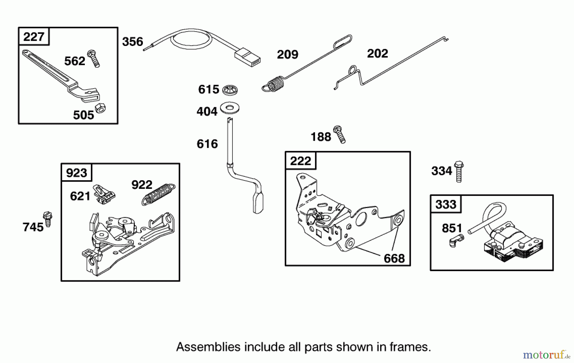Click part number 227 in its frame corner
tap(33, 36)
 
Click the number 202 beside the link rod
tap(377, 54)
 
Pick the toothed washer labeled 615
tap(230, 90)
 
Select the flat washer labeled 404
tap(230, 108)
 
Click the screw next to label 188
tap(339, 134)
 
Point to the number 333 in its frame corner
tap(445, 204)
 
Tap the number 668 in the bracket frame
tap(394, 258)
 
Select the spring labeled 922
tap(158, 192)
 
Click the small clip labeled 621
tap(103, 194)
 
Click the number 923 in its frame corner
tap(76, 173)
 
